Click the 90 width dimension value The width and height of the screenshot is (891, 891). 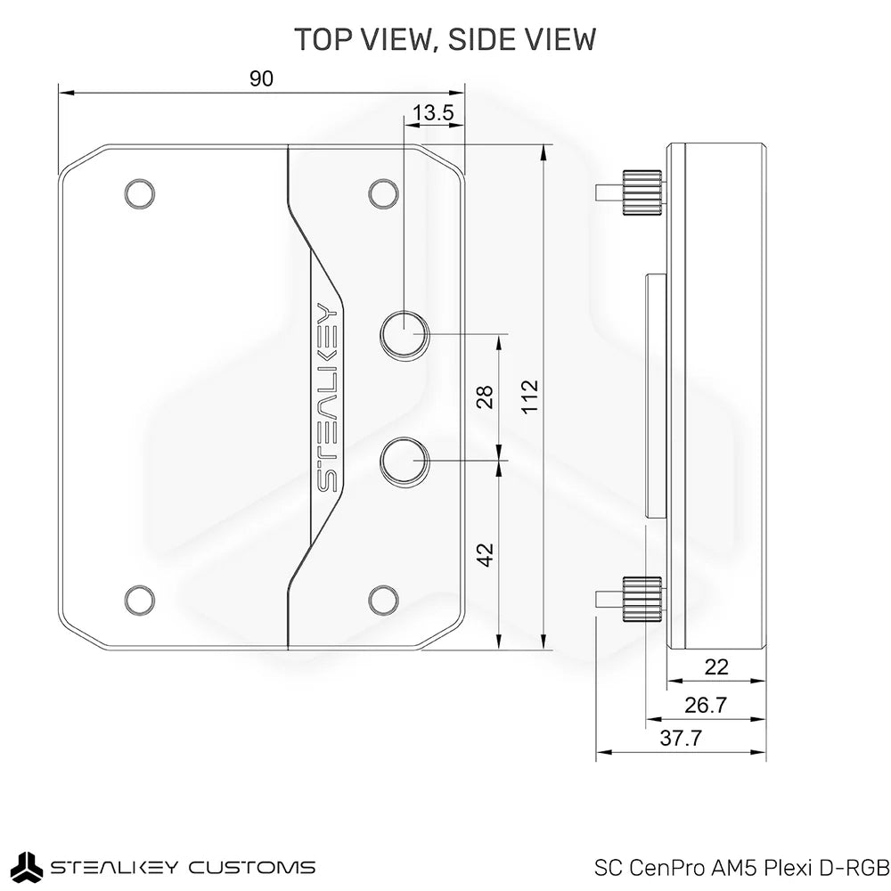coord(260,78)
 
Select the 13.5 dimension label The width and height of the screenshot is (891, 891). coord(435,112)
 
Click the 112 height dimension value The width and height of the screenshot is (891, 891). coord(530,397)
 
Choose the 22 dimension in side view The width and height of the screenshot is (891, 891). coord(715,666)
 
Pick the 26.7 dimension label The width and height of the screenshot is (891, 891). coord(705,705)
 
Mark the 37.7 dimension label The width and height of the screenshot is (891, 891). coord(680,738)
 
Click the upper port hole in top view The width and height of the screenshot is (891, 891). coord(405,334)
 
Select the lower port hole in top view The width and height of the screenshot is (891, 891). coord(405,461)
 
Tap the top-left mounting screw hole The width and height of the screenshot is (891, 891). coord(138,192)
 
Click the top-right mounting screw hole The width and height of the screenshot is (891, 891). coord(382,192)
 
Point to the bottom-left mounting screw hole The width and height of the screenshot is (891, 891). coord(138,599)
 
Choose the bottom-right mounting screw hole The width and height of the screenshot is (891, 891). coord(382,599)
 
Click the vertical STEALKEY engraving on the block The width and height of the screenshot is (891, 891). coord(327,397)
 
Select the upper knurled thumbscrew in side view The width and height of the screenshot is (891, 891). coord(642,191)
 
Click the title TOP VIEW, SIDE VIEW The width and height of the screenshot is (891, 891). coord(445,40)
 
